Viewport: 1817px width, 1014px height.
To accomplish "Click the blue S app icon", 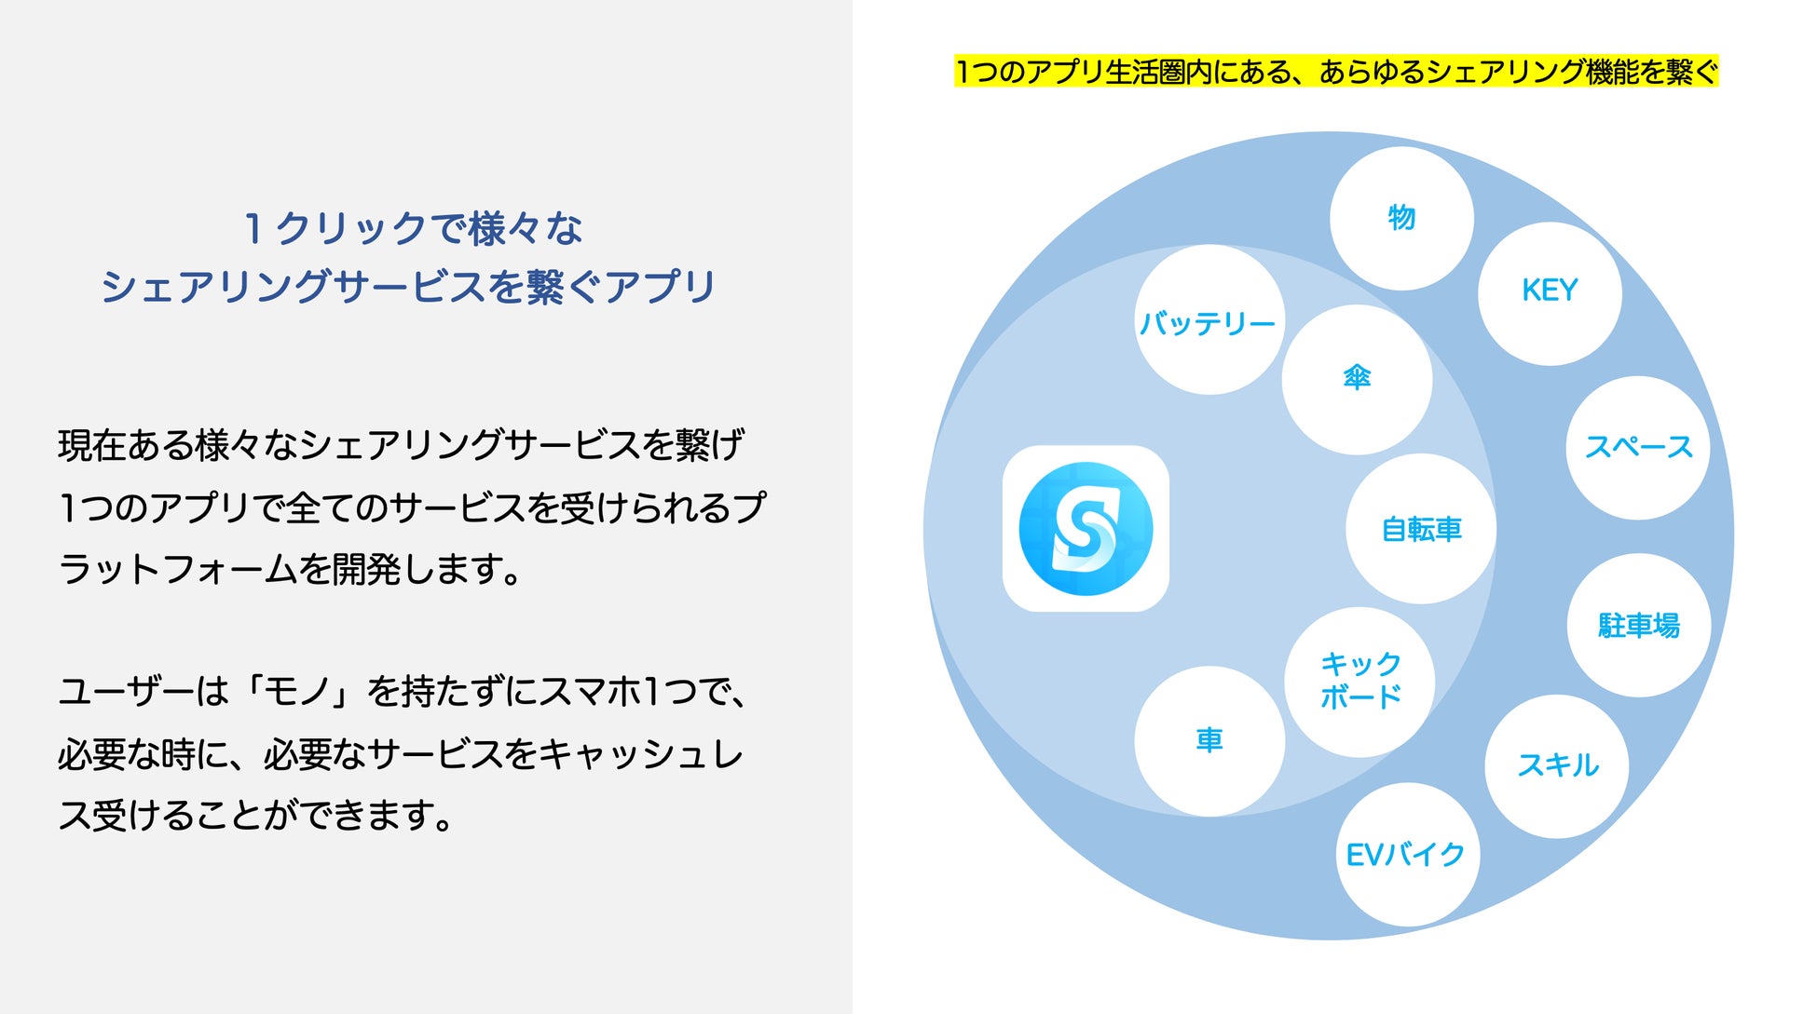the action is click(1086, 529).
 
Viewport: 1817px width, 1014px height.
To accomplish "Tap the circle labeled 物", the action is click(1401, 219).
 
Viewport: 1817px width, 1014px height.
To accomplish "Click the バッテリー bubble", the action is click(1209, 320).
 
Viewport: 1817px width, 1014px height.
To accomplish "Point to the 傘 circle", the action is click(1357, 379).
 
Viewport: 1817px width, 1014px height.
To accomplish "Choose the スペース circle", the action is click(1638, 448).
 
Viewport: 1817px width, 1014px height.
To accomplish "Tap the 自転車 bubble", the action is click(1421, 529).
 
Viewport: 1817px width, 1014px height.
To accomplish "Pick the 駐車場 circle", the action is click(1639, 625).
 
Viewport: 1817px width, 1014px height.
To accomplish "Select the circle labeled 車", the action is click(1209, 741).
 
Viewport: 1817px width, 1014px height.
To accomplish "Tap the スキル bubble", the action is click(1557, 766).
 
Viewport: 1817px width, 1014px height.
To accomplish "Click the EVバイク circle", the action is click(1406, 855).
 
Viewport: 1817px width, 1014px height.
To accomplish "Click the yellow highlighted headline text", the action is click(1335, 72).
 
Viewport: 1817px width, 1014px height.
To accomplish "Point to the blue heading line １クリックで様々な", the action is click(413, 228).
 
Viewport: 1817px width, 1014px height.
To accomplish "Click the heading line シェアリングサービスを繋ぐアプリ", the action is click(408, 286).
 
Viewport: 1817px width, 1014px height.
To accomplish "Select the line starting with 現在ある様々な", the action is click(401, 445).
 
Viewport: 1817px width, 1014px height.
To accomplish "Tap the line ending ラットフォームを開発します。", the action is click(291, 569).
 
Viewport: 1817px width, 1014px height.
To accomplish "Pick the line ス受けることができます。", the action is click(255, 816).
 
